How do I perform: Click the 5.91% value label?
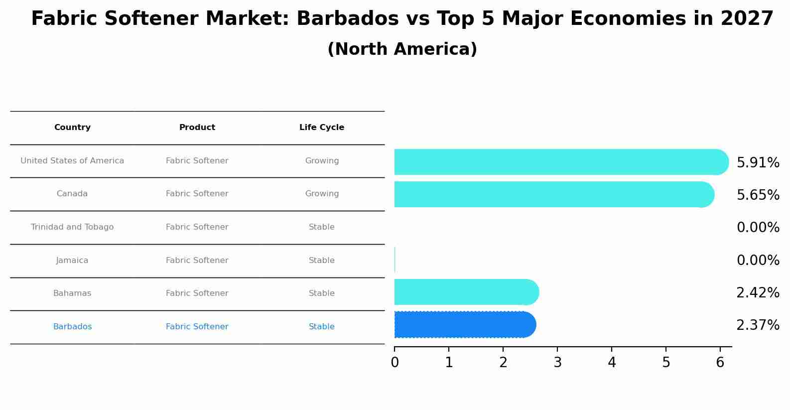pyautogui.click(x=758, y=163)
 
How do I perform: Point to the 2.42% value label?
pyautogui.click(x=758, y=293)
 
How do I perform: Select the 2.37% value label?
pyautogui.click(x=758, y=325)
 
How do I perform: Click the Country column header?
pyautogui.click(x=72, y=128)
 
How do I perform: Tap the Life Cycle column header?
pyautogui.click(x=322, y=128)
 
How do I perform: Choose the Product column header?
pyautogui.click(x=197, y=128)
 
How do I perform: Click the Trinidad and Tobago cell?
pyautogui.click(x=72, y=227)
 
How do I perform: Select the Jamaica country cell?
pyautogui.click(x=72, y=261)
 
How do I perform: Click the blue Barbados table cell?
pyautogui.click(x=72, y=327)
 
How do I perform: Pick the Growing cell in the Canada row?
pyautogui.click(x=322, y=194)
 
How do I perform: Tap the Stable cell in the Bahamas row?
pyautogui.click(x=322, y=293)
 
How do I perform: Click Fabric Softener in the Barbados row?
pyautogui.click(x=197, y=327)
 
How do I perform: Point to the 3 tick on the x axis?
pyautogui.click(x=557, y=363)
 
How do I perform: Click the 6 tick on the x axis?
pyautogui.click(x=720, y=363)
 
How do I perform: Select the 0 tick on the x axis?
pyautogui.click(x=395, y=363)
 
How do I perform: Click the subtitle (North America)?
pyautogui.click(x=402, y=49)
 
